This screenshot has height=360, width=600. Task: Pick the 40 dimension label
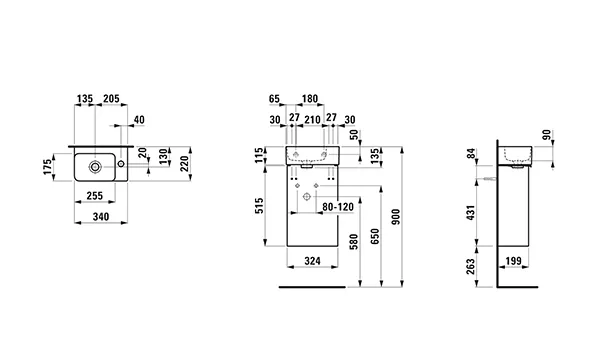pos(138,120)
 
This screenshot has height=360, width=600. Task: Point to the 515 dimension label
pos(260,204)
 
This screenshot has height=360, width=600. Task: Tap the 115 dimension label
pos(260,155)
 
